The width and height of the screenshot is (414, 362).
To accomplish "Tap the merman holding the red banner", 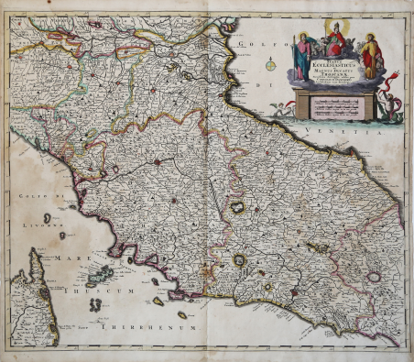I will [391, 105].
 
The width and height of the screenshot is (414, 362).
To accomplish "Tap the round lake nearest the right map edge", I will [373, 276].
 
